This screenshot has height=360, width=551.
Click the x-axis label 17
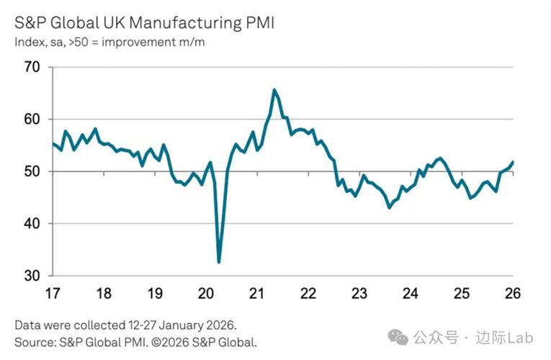[x=53, y=293]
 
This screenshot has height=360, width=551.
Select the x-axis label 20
[x=206, y=293]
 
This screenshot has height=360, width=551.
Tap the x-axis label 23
[x=359, y=293]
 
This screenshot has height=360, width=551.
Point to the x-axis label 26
[x=513, y=293]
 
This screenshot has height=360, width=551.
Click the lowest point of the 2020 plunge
[x=219, y=262]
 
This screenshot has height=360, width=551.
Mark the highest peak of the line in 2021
[x=274, y=90]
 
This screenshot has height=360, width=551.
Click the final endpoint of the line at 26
[x=512, y=162]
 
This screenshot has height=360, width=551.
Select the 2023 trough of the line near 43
[x=390, y=207]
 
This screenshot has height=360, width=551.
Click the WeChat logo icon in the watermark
[x=398, y=337]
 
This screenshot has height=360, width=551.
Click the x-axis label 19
[x=155, y=293]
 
